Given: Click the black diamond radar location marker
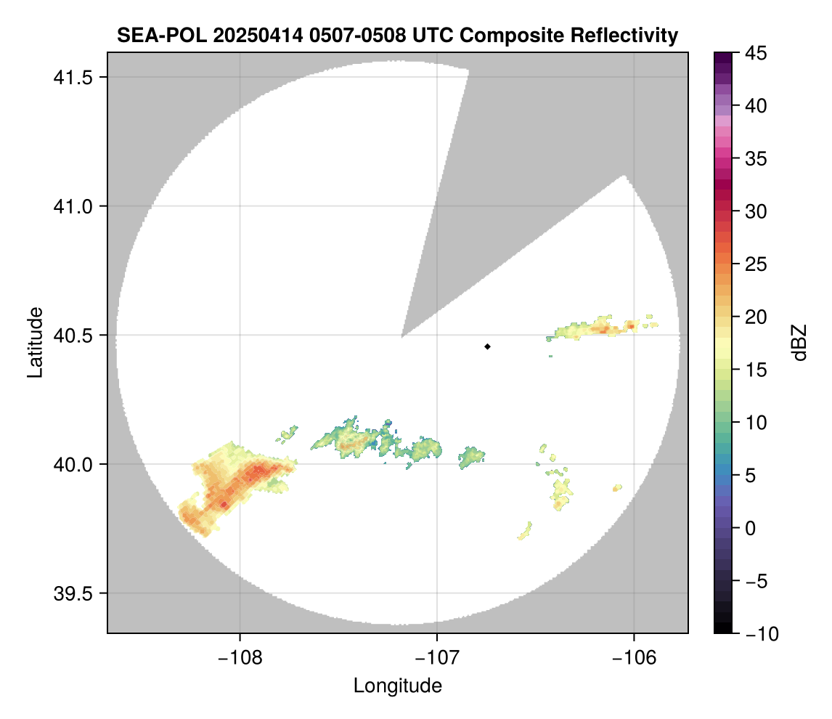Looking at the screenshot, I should pyautogui.click(x=487, y=346).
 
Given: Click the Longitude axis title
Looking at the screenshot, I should pyautogui.click(x=398, y=686).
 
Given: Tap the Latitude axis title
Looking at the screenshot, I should pyautogui.click(x=35, y=342).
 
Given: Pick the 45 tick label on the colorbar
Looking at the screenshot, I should pyautogui.click(x=755, y=53).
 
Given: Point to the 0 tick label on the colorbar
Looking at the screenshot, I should pyautogui.click(x=751, y=528).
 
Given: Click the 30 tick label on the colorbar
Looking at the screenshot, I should pyautogui.click(x=755, y=211).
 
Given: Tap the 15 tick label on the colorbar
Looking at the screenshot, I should pyautogui.click(x=755, y=370).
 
